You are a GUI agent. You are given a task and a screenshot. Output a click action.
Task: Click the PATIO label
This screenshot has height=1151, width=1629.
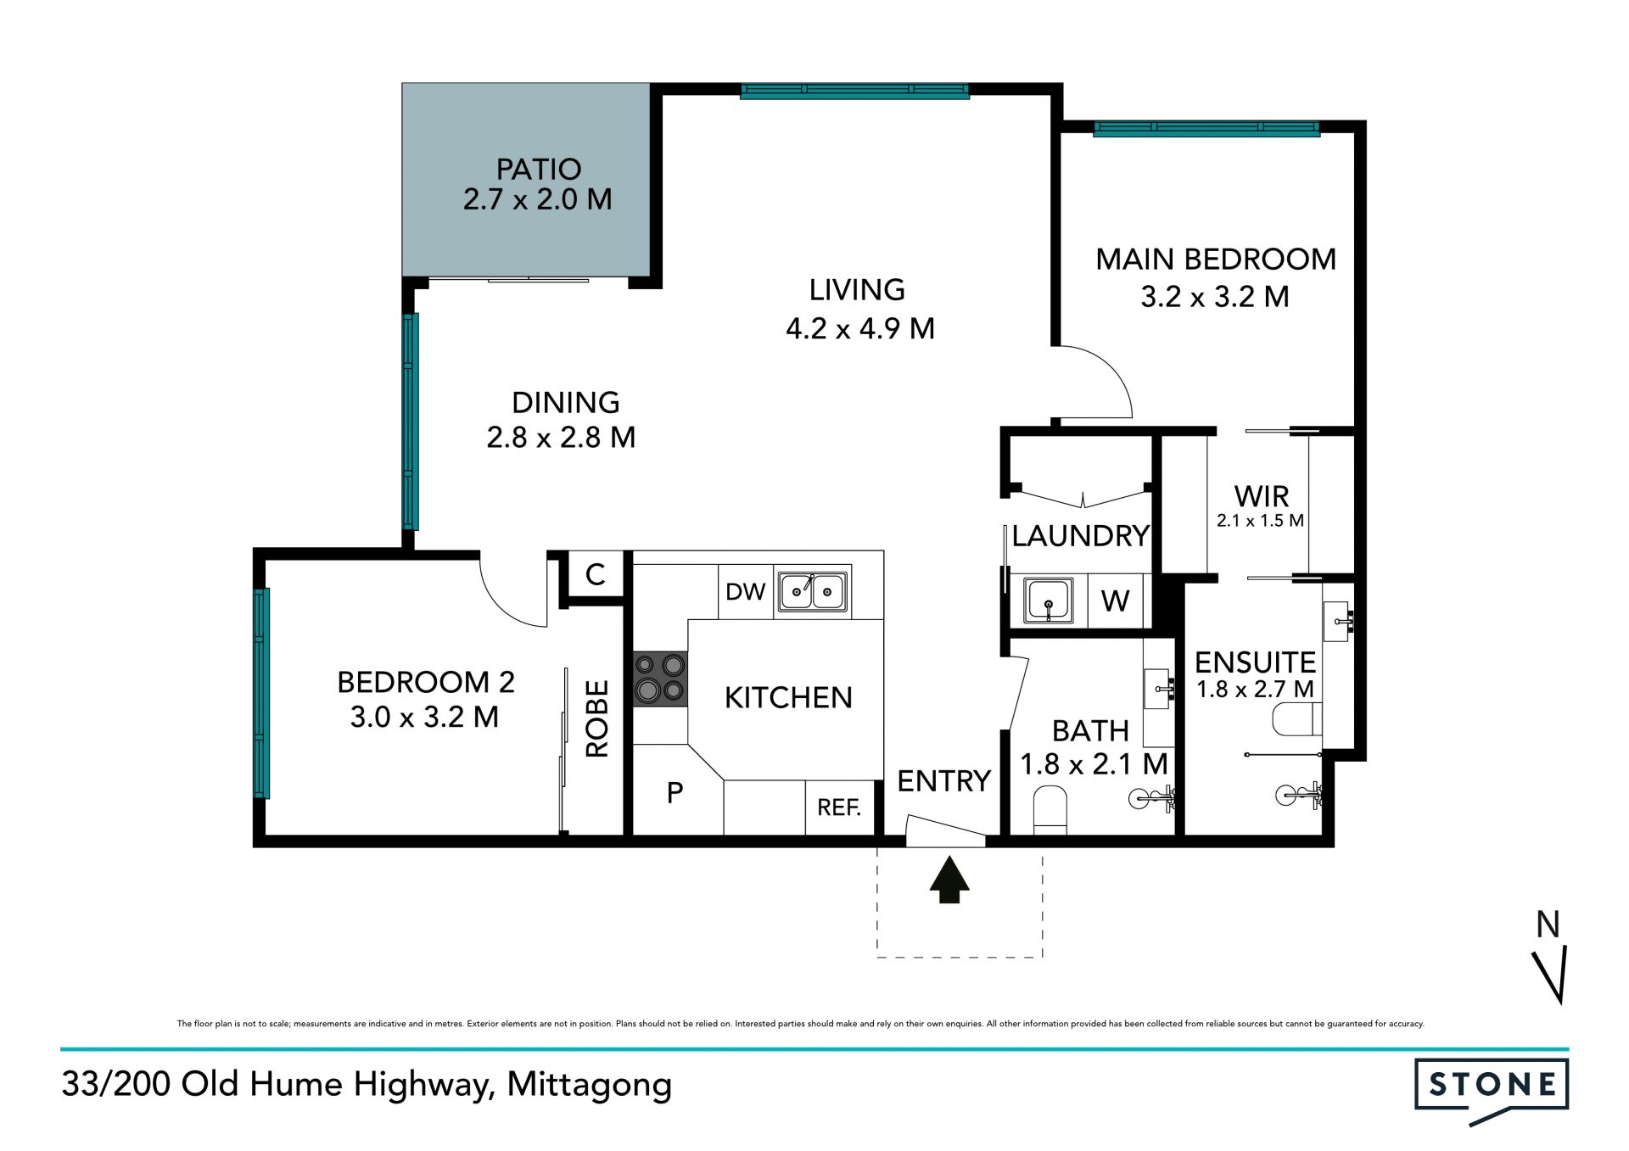coord(539,170)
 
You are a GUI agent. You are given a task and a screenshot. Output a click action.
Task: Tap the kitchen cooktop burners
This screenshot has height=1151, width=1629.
coord(660,678)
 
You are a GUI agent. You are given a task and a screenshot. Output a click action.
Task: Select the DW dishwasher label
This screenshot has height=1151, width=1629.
coord(746,592)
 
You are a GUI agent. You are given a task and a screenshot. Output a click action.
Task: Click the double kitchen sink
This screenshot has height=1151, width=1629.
coord(813,590)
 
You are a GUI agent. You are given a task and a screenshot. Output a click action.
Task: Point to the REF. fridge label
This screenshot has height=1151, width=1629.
coord(839,807)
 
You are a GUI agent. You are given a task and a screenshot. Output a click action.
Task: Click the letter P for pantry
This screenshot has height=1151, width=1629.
coord(675,792)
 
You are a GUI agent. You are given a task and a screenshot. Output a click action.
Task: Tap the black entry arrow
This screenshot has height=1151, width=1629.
coord(949,880)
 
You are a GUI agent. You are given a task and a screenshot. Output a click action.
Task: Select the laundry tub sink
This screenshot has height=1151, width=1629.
coord(1049,601)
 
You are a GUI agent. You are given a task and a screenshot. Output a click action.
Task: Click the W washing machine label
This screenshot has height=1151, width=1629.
coord(1115,601)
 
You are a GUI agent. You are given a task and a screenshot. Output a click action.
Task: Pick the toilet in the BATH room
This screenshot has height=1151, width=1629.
coord(1050,810)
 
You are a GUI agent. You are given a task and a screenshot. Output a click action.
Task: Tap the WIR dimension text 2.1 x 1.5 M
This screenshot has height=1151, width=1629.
coord(1260,521)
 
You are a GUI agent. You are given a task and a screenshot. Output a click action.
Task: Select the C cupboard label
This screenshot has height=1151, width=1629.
coord(596,574)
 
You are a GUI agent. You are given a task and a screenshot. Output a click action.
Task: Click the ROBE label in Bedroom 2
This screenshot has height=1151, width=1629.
coord(597,718)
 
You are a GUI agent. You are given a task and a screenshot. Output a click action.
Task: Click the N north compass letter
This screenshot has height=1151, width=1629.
coord(1548,925)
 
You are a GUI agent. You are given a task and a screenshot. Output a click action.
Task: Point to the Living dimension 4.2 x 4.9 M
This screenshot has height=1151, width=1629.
coord(860,328)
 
